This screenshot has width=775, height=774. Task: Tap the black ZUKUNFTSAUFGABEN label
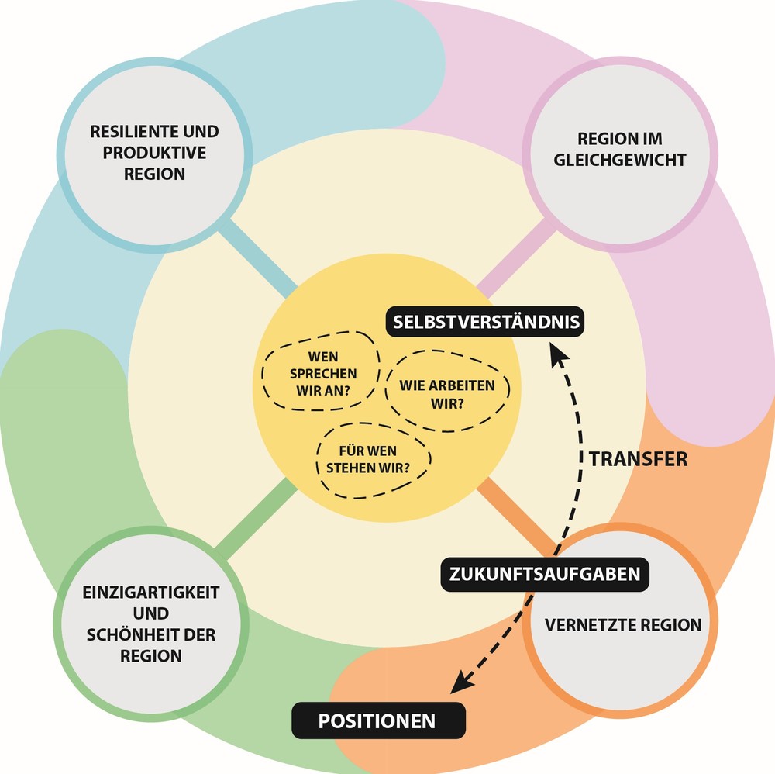point(545,575)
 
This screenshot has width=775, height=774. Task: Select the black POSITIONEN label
point(377,721)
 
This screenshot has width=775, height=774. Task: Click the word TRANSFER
point(639,459)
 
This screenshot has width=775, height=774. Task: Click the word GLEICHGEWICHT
point(621,161)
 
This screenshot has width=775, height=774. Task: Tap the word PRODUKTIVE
point(155,153)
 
